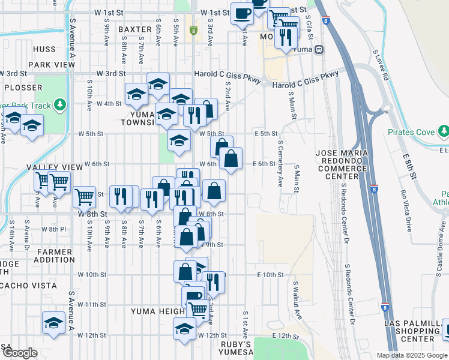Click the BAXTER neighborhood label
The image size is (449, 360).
tap(135, 29)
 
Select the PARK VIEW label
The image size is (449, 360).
tap(47, 64)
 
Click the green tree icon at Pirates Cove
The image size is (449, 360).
tap(443, 131)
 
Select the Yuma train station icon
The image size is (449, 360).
tap(320, 49)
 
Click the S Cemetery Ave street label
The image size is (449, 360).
tap(280, 164)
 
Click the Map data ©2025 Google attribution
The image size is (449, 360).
tap(411, 355)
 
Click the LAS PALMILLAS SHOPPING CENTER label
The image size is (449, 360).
tap(415, 331)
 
